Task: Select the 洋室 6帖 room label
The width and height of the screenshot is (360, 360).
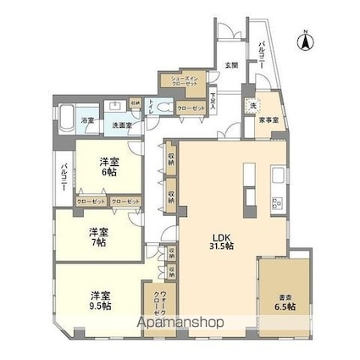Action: pyautogui.click(x=108, y=165)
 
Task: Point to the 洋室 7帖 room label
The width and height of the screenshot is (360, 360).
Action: pyautogui.click(x=99, y=236)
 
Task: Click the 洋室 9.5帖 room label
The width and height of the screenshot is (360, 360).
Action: pyautogui.click(x=102, y=300)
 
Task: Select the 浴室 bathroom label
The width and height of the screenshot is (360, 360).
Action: pyautogui.click(x=86, y=119)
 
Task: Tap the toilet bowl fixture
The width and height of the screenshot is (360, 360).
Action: pyautogui.click(x=163, y=108)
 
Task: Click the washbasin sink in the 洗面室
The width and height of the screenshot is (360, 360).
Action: pyautogui.click(x=115, y=108)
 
